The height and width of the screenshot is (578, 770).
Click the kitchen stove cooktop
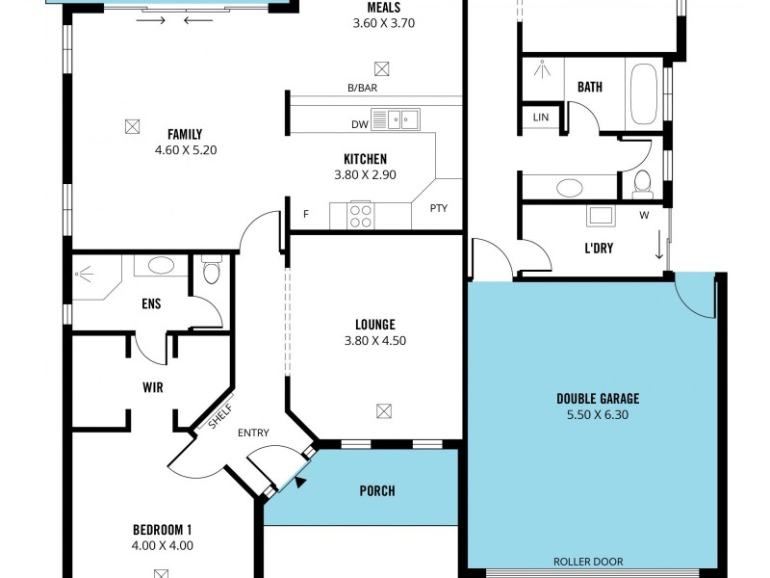pyautogui.click(x=360, y=216)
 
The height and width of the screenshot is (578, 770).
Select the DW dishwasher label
pyautogui.click(x=360, y=125)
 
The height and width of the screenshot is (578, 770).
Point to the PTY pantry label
pyautogui.click(x=439, y=208)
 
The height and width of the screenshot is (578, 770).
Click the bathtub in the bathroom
pyautogui.click(x=644, y=93)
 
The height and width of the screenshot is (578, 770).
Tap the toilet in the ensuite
pyautogui.click(x=212, y=270)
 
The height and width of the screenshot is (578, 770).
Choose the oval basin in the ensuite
pyautogui.click(x=161, y=266)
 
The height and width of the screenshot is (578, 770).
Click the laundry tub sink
pyautogui.click(x=601, y=216)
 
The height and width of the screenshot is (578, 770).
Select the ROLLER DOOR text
pyautogui.click(x=588, y=562)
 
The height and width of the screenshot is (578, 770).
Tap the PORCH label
pyautogui.click(x=377, y=490)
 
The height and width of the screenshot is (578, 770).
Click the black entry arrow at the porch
pyautogui.click(x=299, y=483)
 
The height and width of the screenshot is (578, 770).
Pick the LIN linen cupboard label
pyautogui.click(x=541, y=117)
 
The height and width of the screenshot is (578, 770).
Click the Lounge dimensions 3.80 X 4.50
pyautogui.click(x=375, y=341)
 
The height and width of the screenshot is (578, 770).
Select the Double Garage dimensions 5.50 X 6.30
pyautogui.click(x=598, y=415)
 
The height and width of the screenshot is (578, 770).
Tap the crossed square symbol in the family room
pyautogui.click(x=132, y=127)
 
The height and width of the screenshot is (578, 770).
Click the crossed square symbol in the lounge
pyautogui.click(x=384, y=411)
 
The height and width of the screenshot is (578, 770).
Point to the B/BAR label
pyautogui.click(x=363, y=88)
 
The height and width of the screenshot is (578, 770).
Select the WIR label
pyautogui.click(x=153, y=387)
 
